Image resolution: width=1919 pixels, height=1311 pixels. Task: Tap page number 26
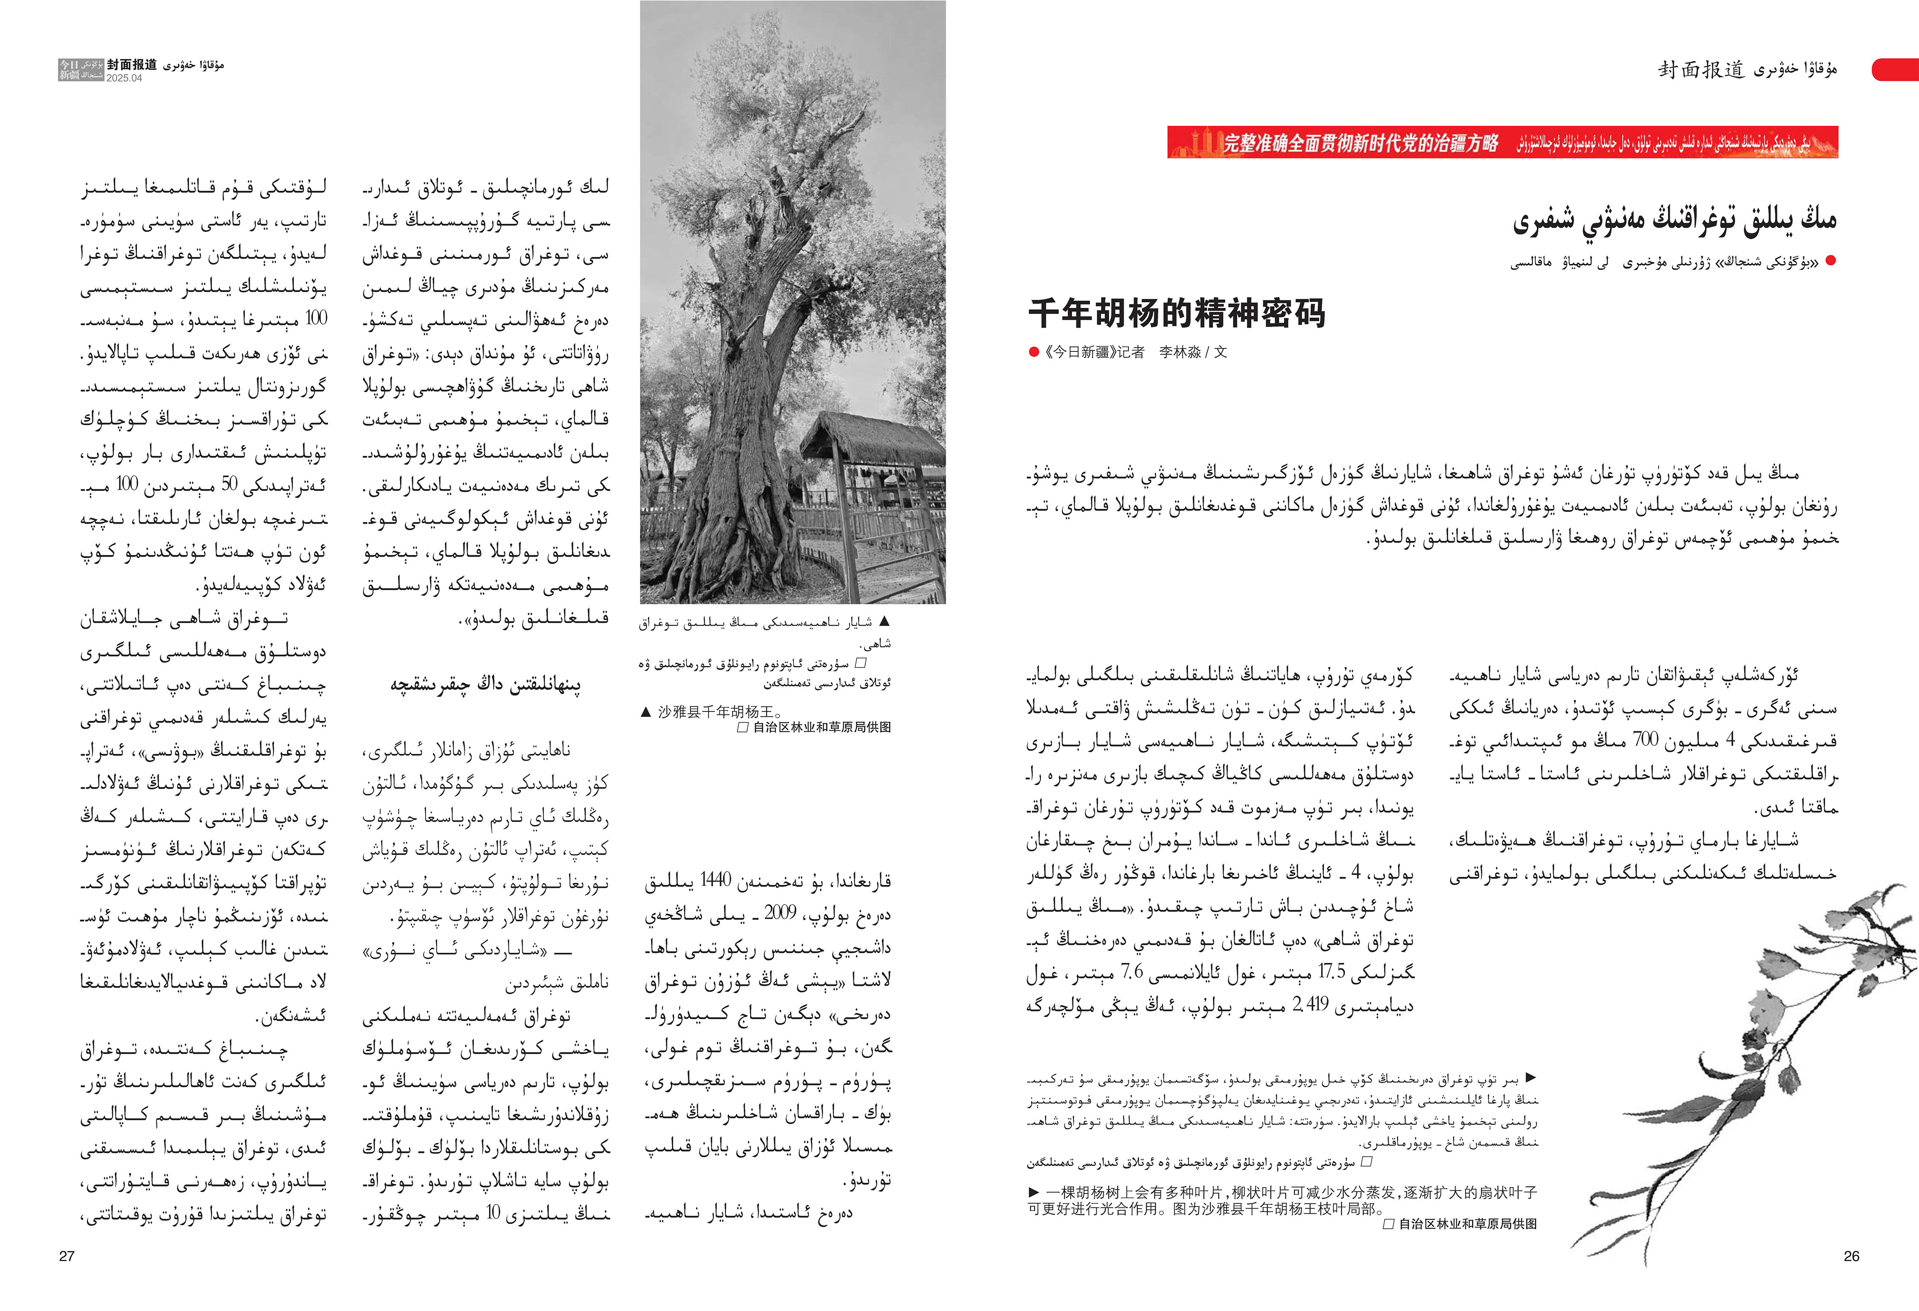pos(1851,1256)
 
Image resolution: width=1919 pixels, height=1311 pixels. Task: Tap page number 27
pos(67,1256)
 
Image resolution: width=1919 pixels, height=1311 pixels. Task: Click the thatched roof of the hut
pos(875,438)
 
